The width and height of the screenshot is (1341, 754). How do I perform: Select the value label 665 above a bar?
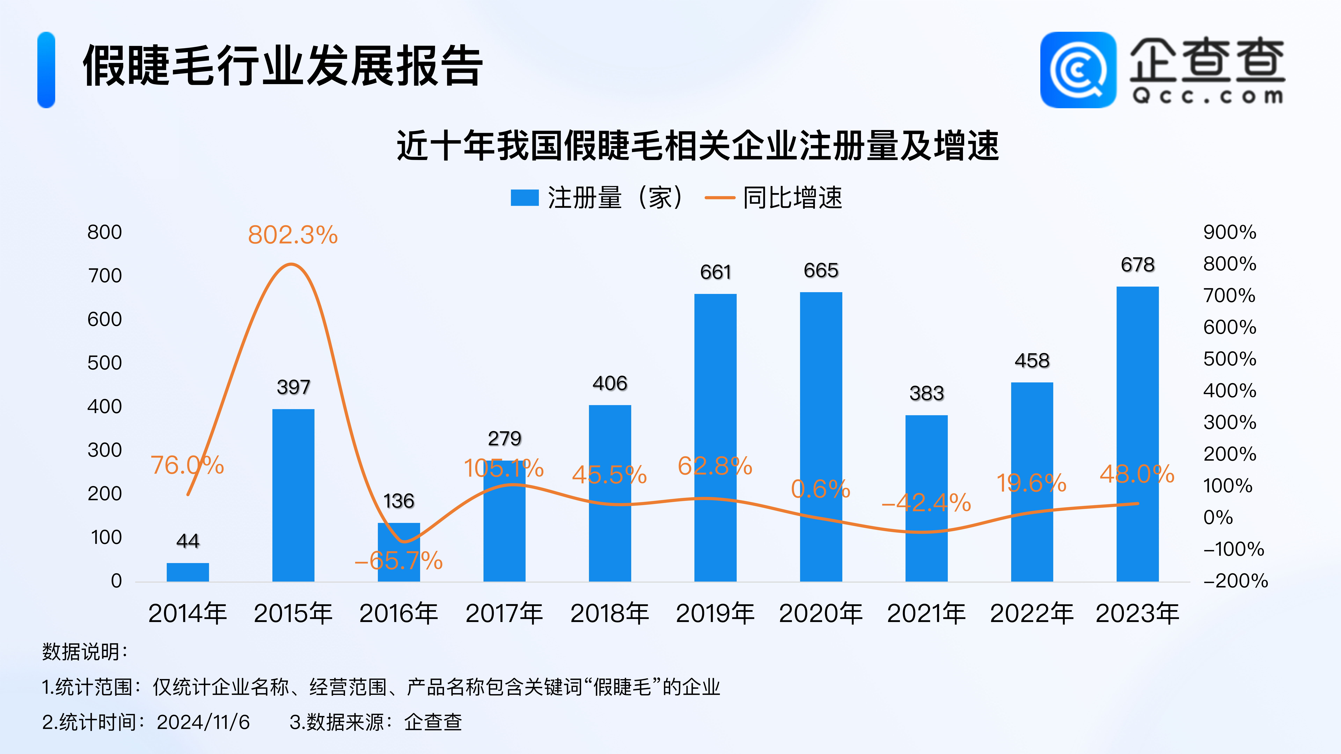point(821,271)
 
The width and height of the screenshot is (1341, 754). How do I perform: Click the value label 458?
point(1032,361)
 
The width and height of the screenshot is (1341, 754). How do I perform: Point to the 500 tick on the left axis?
point(105,363)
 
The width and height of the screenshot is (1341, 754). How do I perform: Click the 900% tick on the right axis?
point(1230,232)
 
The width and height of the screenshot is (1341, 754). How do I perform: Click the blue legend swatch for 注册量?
point(524,198)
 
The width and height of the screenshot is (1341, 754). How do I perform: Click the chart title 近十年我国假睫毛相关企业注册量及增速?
point(698,146)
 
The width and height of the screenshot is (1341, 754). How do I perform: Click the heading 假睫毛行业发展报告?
point(283,66)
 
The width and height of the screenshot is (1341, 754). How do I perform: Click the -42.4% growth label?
point(926,503)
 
